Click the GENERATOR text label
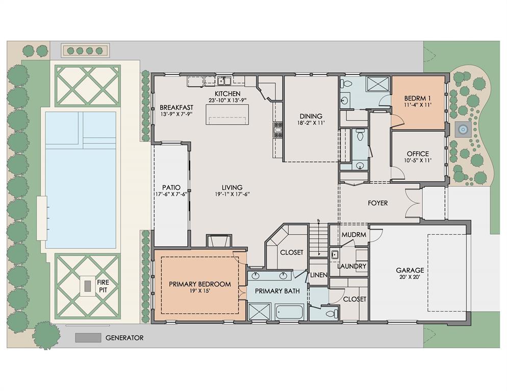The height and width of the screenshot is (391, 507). pyautogui.click(x=124, y=338)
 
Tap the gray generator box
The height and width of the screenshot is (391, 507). pyautogui.click(x=88, y=338)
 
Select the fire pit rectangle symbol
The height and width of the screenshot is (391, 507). pyautogui.click(x=88, y=286)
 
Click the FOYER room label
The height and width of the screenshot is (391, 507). pyautogui.click(x=377, y=203)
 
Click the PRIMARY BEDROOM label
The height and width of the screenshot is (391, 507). pyautogui.click(x=200, y=284)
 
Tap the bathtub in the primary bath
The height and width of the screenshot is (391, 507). pyautogui.click(x=289, y=312)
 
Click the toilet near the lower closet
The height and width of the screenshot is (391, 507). pyautogui.click(x=332, y=314)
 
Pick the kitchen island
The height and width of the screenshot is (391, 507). pyautogui.click(x=227, y=115)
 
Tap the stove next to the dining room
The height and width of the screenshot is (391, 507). pyautogui.click(x=278, y=130)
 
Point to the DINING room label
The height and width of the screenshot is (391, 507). pyautogui.click(x=311, y=116)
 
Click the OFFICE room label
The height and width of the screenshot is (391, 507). pyautogui.click(x=418, y=154)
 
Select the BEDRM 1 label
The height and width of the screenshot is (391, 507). pyautogui.click(x=417, y=98)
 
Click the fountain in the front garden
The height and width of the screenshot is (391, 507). pyautogui.click(x=463, y=129)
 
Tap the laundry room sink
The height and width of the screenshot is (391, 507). pyautogui.click(x=334, y=255)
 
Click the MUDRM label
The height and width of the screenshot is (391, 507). pyautogui.click(x=354, y=235)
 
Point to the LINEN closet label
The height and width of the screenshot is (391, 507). pyautogui.click(x=318, y=275)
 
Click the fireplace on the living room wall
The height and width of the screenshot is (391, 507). pyautogui.click(x=219, y=241)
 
